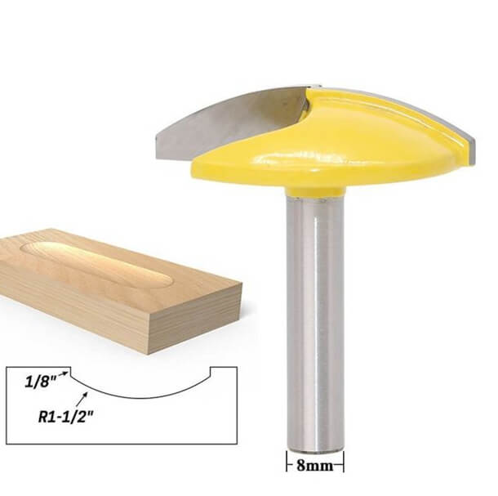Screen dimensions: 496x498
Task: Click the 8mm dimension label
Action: click(314, 468)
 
